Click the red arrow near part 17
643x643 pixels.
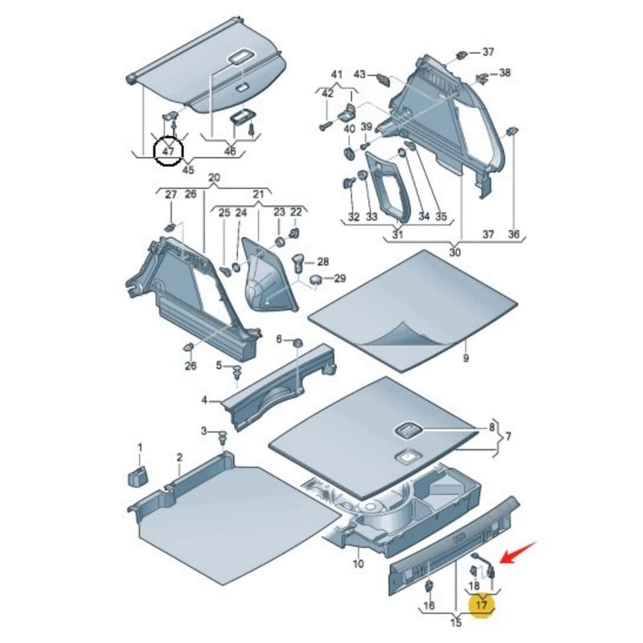tap(519, 552)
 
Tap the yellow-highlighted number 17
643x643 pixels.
tap(481, 604)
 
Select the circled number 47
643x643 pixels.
tap(168, 151)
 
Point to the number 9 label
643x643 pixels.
tap(466, 358)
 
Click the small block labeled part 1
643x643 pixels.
tap(138, 476)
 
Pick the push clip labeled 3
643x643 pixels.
tap(223, 436)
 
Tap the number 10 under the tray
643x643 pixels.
tap(358, 564)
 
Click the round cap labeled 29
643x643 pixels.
tap(317, 280)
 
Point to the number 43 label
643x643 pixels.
tap(359, 74)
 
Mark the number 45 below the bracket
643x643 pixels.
tap(188, 169)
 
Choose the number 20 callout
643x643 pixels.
tap(214, 178)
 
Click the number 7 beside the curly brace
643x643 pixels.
tap(509, 436)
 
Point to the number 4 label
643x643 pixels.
tap(204, 399)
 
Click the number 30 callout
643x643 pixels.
tap(455, 252)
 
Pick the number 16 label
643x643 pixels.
tap(429, 605)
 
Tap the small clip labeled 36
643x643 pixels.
tap(512, 131)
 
